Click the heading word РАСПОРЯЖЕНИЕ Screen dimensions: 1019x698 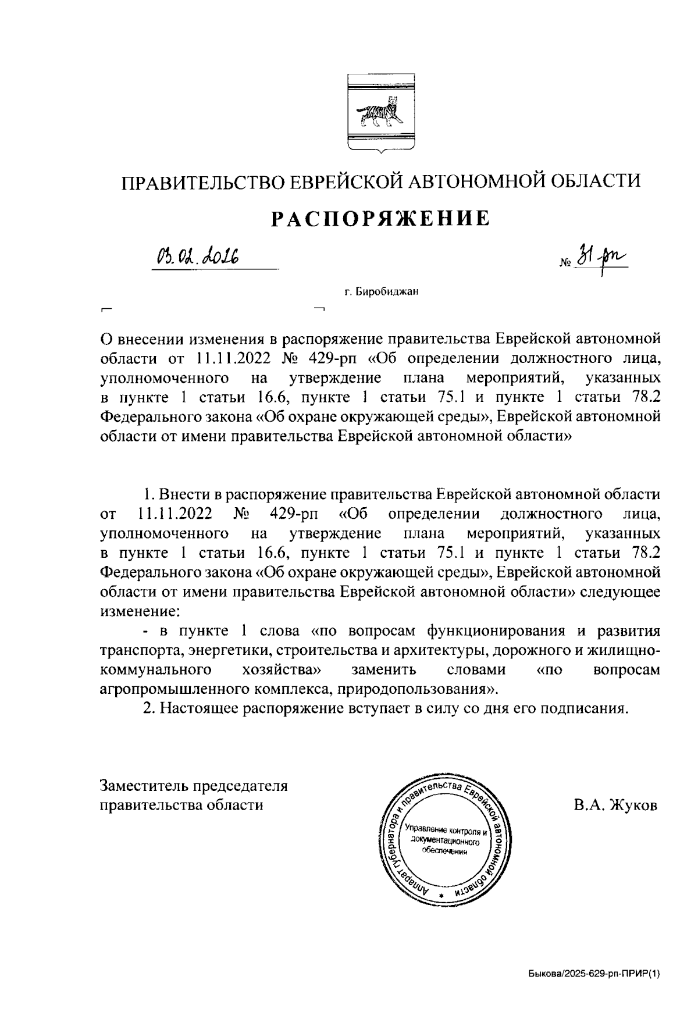pyautogui.click(x=381, y=218)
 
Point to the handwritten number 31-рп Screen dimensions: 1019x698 pyautogui.click(x=602, y=258)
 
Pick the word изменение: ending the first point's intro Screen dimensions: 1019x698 pyautogui.click(x=140, y=612)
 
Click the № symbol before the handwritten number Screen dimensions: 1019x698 pyautogui.click(x=565, y=263)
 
